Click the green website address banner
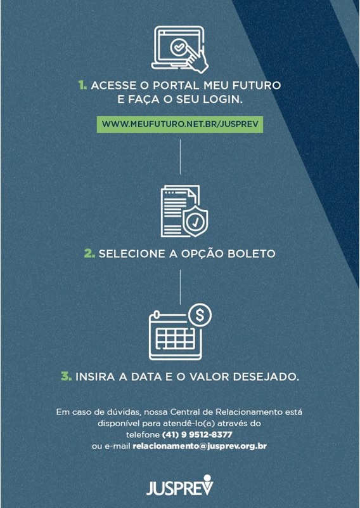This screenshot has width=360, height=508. (180, 124)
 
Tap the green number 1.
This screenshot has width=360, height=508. (82, 86)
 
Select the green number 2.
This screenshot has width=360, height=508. (89, 253)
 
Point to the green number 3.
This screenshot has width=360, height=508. (67, 377)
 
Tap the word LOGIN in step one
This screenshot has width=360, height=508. (222, 100)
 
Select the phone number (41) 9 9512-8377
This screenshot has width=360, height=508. (197, 434)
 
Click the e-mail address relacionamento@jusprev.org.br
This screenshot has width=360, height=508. (200, 446)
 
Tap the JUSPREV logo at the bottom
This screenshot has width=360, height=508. (180, 486)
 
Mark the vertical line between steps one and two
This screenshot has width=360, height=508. (180, 157)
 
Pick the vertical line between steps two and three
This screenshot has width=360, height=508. (180, 287)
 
